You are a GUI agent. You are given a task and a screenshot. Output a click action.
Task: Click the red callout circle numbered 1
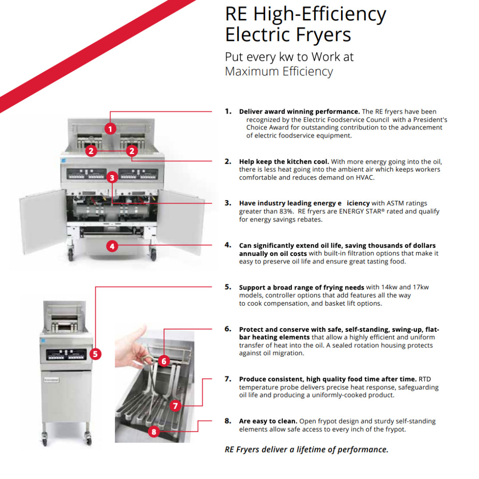click(110, 129)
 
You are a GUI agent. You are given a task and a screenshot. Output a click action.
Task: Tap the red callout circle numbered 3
click(112, 177)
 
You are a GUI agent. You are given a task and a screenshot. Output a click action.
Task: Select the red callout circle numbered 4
click(112, 246)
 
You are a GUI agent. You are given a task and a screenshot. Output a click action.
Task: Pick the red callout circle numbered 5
click(95, 354)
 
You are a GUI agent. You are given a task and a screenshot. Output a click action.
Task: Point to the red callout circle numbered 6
click(164, 361)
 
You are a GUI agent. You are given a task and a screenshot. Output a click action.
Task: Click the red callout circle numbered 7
click(175, 406)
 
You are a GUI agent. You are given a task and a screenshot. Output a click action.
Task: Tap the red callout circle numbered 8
click(153, 432)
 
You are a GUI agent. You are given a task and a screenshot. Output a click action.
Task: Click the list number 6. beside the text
click(228, 329)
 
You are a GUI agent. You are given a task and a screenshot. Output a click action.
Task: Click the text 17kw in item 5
click(420, 287)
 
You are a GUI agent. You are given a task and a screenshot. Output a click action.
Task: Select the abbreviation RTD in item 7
click(424, 379)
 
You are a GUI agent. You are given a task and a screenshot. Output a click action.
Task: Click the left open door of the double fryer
click(43, 221)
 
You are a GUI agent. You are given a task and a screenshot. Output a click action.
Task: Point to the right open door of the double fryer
click(181, 222)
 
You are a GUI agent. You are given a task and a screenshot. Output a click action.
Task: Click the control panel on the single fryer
click(66, 355)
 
